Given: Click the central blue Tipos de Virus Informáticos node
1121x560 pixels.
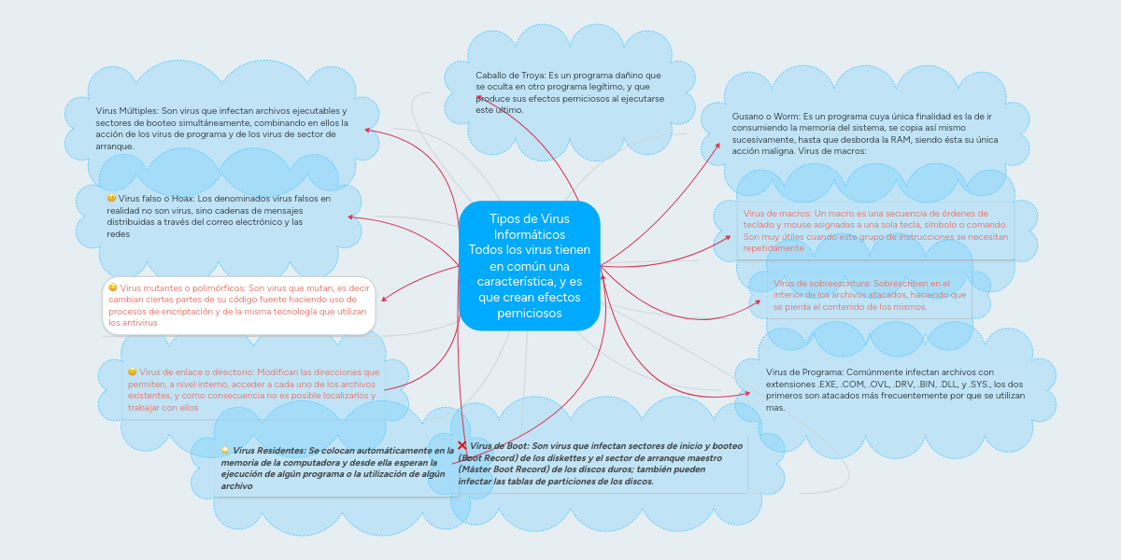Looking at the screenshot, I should [x=529, y=266].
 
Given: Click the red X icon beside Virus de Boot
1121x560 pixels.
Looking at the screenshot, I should [x=462, y=446].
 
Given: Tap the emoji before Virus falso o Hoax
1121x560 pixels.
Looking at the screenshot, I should [x=111, y=199].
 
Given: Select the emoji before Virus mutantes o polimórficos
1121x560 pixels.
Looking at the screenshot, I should [x=113, y=287].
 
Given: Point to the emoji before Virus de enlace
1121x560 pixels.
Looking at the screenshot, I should [x=132, y=371].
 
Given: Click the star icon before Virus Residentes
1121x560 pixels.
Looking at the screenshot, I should [x=225, y=451].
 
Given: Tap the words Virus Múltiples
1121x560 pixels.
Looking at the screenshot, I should [x=126, y=110].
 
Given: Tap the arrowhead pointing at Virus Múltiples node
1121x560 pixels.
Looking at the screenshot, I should [x=366, y=130].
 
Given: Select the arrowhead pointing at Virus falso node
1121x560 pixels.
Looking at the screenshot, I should [x=350, y=217].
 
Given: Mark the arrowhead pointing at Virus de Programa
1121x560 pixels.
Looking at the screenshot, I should [x=747, y=393].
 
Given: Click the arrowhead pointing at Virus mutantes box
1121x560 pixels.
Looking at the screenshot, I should [x=384, y=299].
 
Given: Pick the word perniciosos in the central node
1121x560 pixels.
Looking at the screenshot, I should [x=529, y=313].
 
